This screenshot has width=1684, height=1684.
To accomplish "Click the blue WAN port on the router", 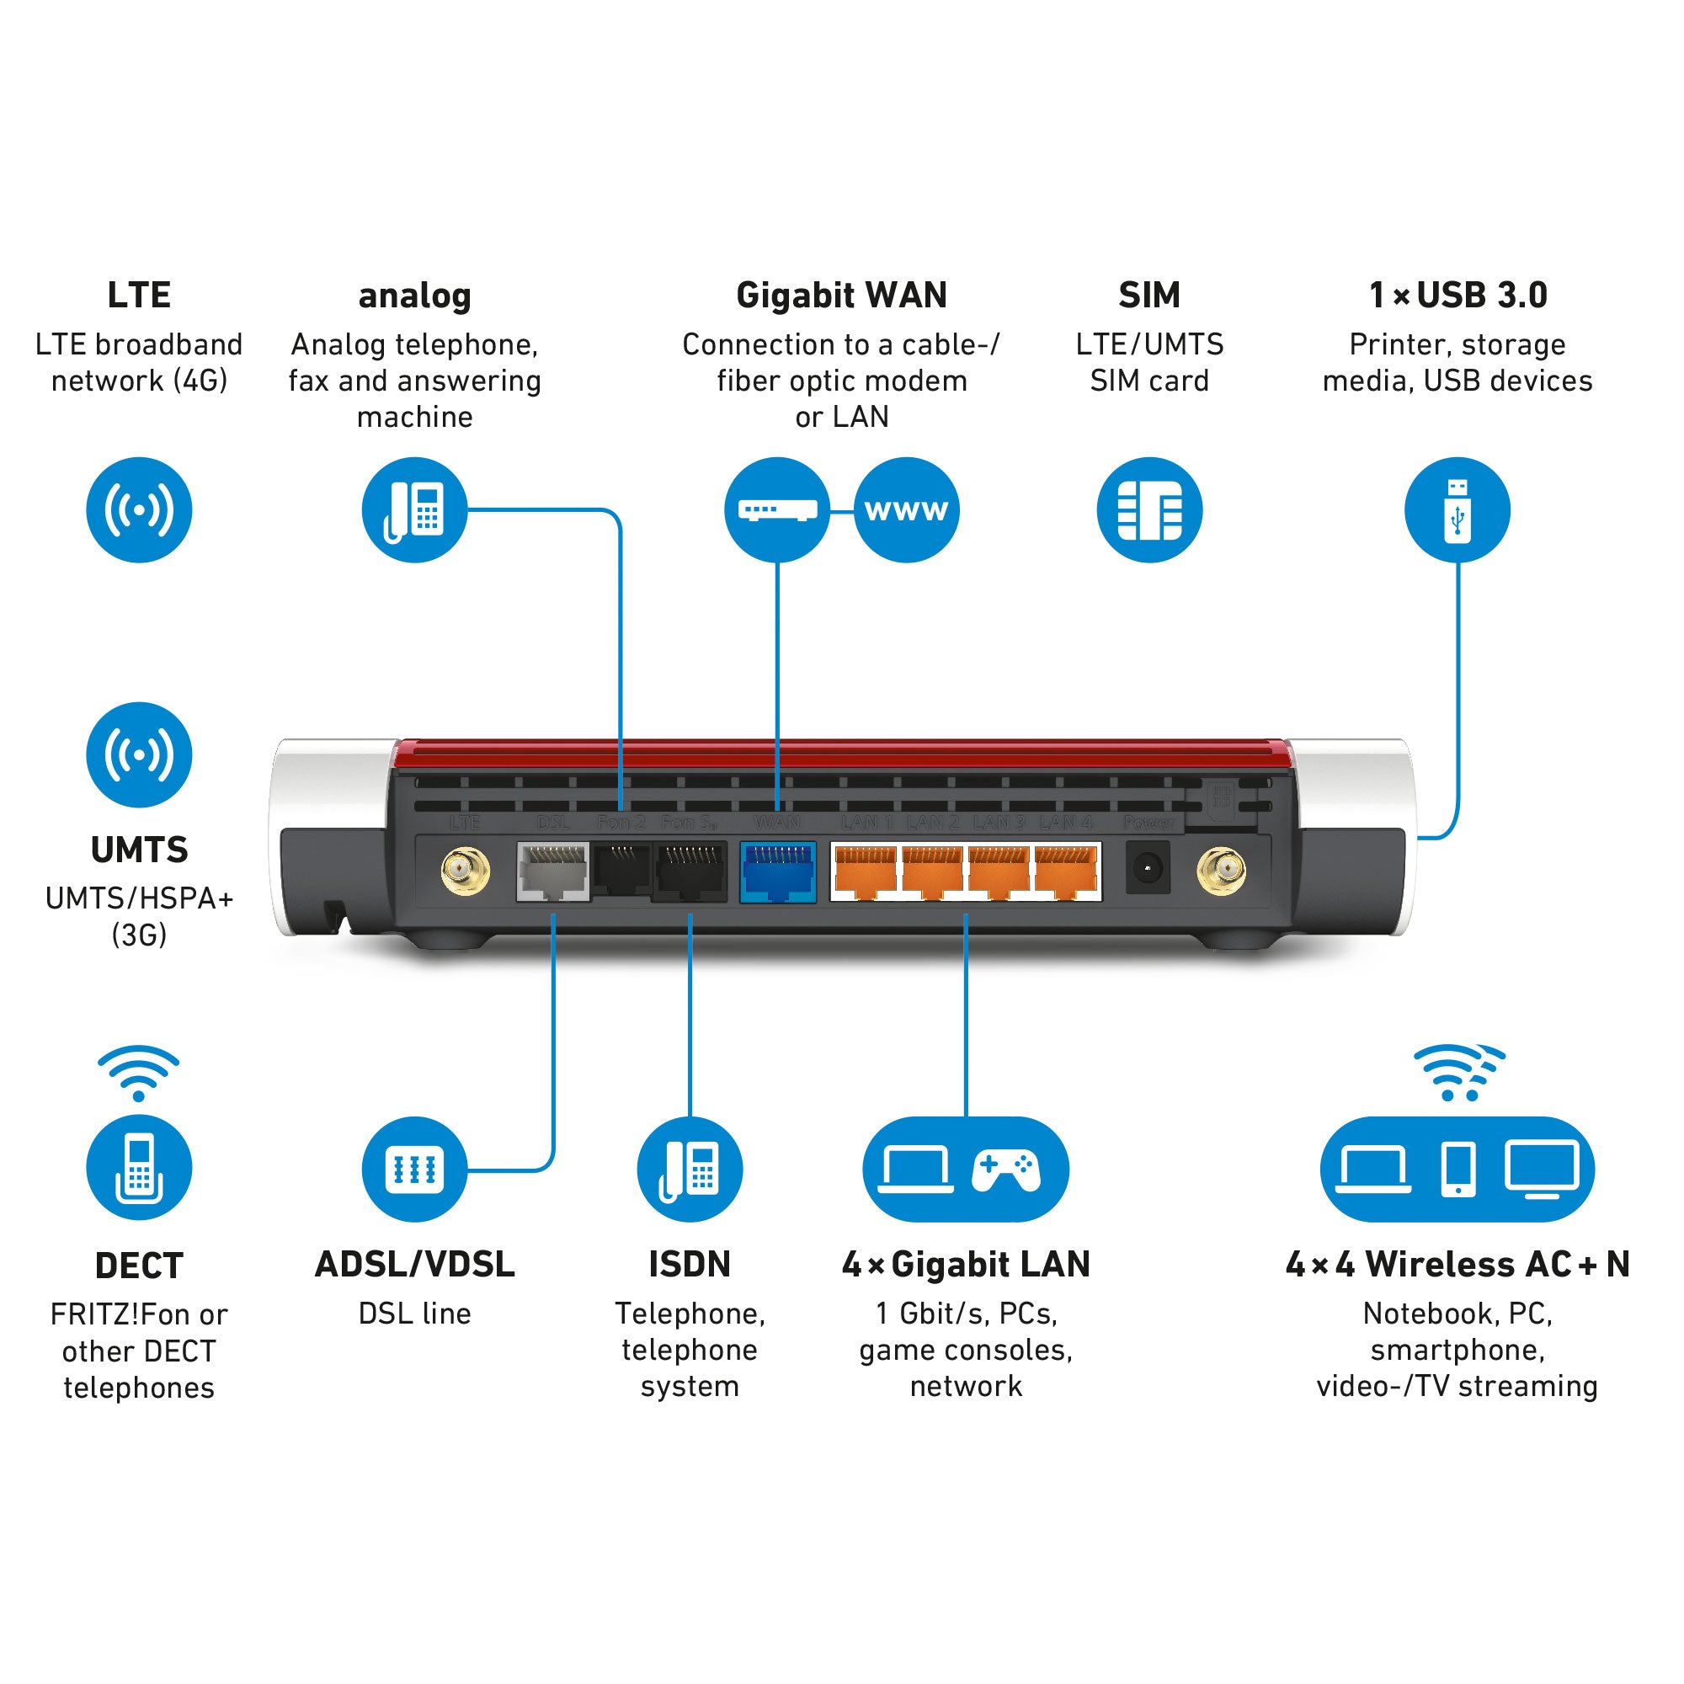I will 777,871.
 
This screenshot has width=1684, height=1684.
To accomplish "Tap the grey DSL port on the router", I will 552,871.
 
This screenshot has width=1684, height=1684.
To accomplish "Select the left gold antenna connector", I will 466,871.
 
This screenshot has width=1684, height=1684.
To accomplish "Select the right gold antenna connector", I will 1221,871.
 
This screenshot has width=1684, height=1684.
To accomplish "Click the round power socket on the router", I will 1147,868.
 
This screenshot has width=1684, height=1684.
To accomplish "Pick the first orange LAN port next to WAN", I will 865,871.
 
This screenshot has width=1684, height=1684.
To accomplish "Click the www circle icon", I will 907,510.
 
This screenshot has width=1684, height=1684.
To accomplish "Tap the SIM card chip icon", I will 1149,510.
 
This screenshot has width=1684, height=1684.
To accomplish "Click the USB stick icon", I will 1458,510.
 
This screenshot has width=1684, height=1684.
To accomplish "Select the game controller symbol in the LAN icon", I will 1006,1170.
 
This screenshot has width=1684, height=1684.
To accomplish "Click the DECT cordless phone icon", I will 140,1168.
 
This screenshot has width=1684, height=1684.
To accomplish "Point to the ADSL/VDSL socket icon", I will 415,1169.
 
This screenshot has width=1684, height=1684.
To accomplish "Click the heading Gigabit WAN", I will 841,296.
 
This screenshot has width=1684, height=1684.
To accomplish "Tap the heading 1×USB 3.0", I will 1458,296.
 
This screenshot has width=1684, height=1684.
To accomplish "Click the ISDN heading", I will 690,1265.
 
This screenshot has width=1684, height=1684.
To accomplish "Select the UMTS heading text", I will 140,850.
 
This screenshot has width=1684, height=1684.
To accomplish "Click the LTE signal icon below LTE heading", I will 140,510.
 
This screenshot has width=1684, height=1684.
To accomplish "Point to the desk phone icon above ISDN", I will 690,1169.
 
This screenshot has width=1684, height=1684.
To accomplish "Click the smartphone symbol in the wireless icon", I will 1458,1169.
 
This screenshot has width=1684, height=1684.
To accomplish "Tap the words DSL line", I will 415,1314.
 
